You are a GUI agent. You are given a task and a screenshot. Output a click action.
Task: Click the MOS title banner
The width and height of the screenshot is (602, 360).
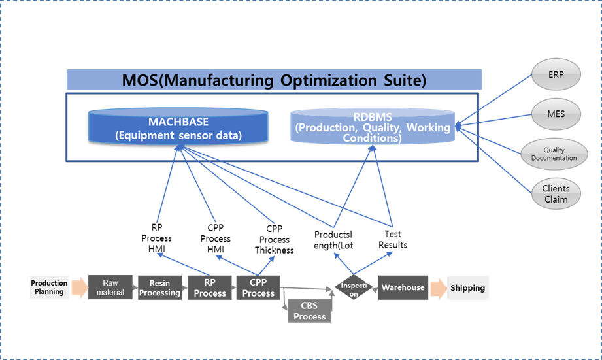[x=275, y=80]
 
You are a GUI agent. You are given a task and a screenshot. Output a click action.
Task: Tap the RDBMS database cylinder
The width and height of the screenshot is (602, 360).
[x=373, y=126]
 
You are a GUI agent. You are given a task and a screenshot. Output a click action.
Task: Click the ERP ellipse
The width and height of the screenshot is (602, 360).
[x=556, y=75]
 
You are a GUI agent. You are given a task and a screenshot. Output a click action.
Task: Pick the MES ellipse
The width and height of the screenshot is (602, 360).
[x=556, y=114]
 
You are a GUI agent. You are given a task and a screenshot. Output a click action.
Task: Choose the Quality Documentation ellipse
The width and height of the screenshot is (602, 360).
[x=554, y=154]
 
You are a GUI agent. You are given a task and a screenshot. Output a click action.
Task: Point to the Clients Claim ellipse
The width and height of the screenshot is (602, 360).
[x=556, y=193]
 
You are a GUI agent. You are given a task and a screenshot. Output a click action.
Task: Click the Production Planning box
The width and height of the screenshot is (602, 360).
[x=49, y=287]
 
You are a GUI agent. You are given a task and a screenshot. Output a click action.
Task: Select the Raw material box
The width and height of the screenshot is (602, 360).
[x=110, y=287]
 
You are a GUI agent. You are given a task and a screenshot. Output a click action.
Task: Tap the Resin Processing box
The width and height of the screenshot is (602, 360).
[x=159, y=288]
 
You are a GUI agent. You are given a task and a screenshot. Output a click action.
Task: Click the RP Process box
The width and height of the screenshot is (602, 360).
[x=210, y=288]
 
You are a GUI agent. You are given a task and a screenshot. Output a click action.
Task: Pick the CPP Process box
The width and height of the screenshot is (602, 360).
[x=258, y=288]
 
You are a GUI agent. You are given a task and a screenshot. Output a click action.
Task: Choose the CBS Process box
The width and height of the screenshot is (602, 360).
[x=309, y=311]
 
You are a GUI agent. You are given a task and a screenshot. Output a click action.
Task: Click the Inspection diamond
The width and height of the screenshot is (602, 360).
[x=354, y=288]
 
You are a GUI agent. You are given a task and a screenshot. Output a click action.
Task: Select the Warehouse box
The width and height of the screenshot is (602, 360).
[x=403, y=287]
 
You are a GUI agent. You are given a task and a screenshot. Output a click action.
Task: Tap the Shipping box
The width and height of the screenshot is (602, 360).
[x=467, y=287]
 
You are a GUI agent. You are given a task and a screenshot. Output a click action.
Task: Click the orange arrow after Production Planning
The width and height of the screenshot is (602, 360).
[x=78, y=287]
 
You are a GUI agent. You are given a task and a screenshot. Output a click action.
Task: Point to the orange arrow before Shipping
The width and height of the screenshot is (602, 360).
[x=438, y=287]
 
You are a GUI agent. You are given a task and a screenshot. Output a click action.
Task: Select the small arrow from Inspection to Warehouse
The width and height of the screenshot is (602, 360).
[x=375, y=288]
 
